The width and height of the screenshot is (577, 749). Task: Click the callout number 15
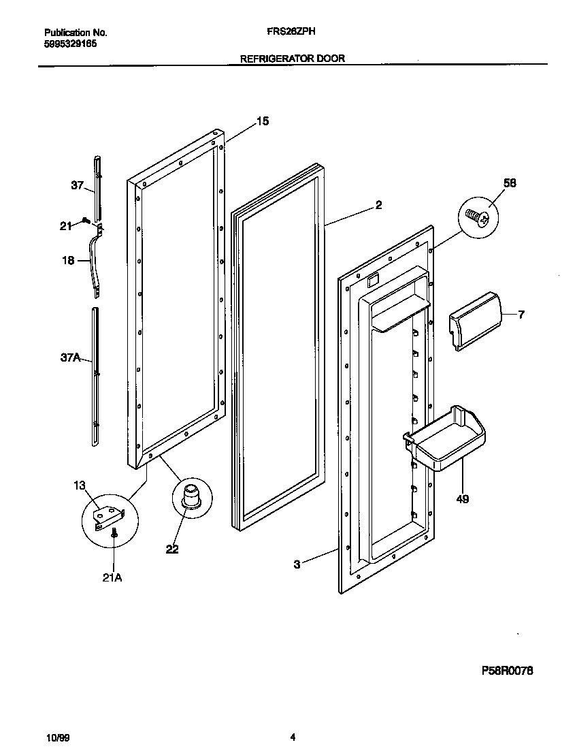(262, 121)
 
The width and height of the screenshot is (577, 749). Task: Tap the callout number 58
(510, 182)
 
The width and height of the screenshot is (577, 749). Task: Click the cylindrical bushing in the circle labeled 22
(191, 494)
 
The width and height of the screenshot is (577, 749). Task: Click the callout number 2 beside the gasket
(378, 204)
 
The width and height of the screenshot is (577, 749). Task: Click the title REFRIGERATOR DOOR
(293, 59)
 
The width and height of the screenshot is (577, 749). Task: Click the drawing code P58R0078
(507, 671)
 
